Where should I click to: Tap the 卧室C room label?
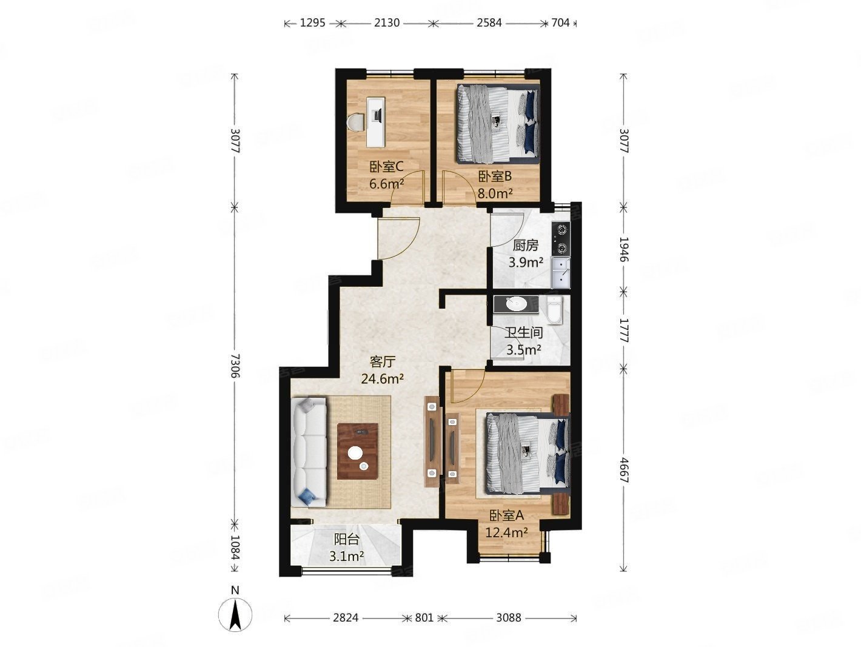point(386,167)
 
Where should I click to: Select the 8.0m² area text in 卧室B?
point(495,193)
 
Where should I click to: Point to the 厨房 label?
point(525,246)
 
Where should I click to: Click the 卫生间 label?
point(523,333)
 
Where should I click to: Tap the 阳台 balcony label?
point(346,540)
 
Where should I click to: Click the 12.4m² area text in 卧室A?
point(506,532)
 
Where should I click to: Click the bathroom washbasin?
point(516,304)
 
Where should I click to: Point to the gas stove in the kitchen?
point(560,238)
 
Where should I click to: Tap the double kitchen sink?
point(560,273)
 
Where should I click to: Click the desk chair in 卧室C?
point(82,122)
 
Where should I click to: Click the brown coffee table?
point(357,451)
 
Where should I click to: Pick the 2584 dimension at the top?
point(489,23)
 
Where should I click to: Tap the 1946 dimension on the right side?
point(623,249)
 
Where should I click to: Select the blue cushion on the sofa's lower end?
point(307,497)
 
